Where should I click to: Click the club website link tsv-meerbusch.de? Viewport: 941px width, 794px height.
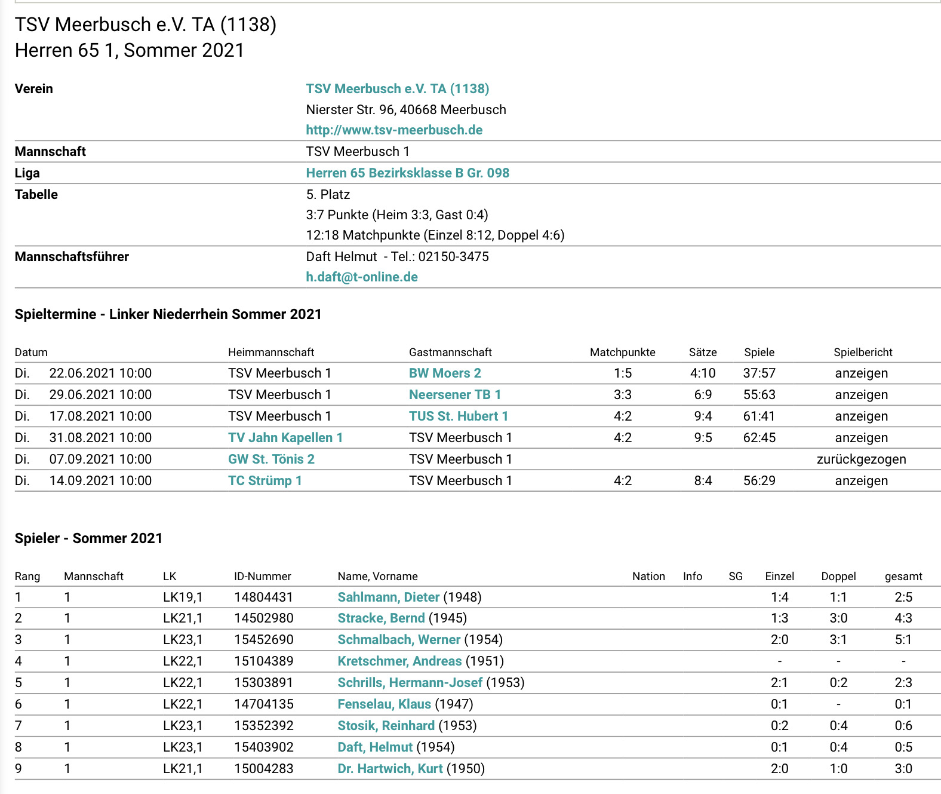point(394,130)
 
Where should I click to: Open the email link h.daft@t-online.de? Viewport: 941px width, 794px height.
point(362,277)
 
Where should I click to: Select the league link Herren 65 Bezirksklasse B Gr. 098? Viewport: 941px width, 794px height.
point(407,173)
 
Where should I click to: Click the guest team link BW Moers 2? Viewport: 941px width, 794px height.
point(445,373)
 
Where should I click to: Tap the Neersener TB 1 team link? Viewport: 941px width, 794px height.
point(454,395)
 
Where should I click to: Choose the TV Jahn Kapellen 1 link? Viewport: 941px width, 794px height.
point(285,438)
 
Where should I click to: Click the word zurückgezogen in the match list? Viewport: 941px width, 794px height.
point(861,459)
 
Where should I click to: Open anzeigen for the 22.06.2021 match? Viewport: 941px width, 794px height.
point(861,373)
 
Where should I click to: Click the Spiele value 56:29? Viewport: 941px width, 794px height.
point(759,481)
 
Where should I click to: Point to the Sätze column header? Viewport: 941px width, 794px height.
point(703,352)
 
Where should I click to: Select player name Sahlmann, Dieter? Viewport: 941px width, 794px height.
point(388,597)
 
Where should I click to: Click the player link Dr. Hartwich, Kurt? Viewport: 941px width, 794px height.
point(390,769)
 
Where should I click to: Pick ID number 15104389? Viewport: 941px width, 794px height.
point(263,661)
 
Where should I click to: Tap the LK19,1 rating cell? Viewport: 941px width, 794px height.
point(183,597)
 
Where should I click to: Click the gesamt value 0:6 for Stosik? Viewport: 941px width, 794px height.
point(903,726)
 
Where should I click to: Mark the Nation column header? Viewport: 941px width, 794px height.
point(648,577)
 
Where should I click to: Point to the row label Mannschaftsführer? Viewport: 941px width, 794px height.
point(72,257)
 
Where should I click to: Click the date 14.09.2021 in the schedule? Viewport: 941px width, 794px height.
point(100,481)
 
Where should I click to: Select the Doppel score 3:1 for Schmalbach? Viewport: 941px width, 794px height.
point(838,640)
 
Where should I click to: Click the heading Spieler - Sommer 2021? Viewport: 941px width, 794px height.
point(88,538)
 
